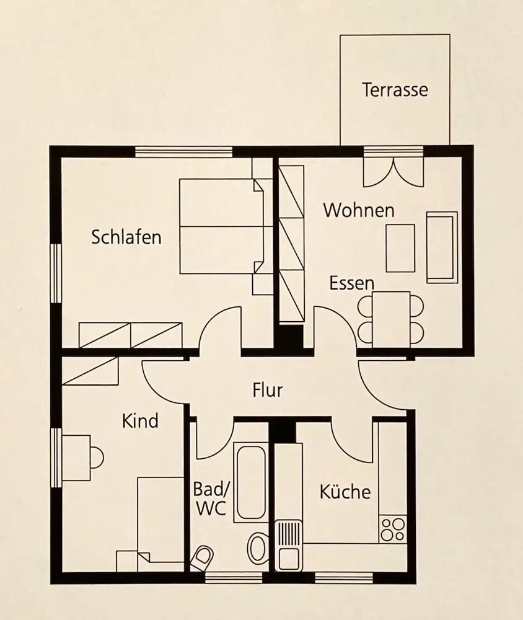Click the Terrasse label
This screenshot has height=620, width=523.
point(395,90)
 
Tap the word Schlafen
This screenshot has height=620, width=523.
point(126,237)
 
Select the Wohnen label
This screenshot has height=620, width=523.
point(359,210)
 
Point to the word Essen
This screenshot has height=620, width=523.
point(351,283)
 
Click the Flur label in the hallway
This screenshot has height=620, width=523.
point(268,391)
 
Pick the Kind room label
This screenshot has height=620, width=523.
point(140,421)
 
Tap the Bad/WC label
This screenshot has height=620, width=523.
point(211,498)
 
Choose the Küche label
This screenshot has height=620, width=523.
point(345,492)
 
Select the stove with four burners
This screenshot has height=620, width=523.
point(392,529)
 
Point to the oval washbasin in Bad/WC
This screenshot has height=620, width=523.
point(258,548)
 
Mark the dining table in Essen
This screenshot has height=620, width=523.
point(391,319)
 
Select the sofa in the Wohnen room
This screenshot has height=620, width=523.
point(442,247)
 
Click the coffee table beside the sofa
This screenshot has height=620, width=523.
point(400,247)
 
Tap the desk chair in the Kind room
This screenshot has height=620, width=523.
point(97,458)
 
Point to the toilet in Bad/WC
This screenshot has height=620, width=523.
point(201,559)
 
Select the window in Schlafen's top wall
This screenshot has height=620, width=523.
point(183,151)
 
